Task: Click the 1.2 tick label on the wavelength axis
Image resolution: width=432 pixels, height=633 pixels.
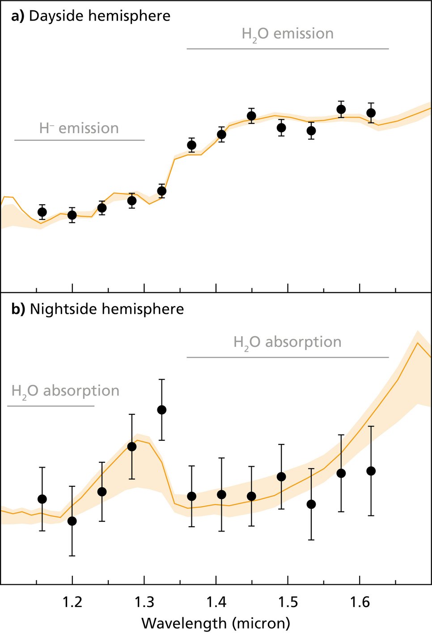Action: (x=72, y=603)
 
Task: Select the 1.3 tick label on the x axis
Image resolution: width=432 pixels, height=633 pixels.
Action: (x=144, y=603)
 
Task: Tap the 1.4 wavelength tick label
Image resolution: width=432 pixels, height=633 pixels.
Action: (x=216, y=603)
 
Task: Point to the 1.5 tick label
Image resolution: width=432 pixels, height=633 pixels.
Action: (x=288, y=603)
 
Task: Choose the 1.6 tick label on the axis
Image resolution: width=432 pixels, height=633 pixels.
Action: (x=360, y=603)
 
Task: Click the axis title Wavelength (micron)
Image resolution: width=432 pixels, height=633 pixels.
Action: (x=216, y=623)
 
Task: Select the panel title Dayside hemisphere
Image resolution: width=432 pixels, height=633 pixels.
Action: (x=91, y=16)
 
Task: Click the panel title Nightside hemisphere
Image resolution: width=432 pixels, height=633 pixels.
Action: (x=97, y=309)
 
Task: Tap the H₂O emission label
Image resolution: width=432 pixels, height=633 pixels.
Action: (x=288, y=34)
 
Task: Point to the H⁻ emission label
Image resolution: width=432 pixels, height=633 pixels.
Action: (x=79, y=128)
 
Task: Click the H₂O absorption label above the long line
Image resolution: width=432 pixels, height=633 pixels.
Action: (x=288, y=342)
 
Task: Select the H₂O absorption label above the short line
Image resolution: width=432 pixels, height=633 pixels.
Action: (x=65, y=391)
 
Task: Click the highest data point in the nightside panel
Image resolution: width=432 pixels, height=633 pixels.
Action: (x=162, y=410)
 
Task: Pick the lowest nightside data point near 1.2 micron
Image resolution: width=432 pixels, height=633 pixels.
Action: (x=72, y=521)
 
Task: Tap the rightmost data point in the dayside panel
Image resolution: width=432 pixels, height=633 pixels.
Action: (x=371, y=113)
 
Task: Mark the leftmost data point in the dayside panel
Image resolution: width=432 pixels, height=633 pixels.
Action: (x=42, y=212)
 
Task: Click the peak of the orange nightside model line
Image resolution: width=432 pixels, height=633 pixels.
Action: (x=417, y=343)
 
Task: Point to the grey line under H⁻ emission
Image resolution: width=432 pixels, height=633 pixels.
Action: (x=80, y=140)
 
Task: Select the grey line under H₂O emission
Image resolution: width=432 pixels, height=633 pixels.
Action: (x=288, y=49)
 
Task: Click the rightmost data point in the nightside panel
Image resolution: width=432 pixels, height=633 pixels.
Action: (x=371, y=471)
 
